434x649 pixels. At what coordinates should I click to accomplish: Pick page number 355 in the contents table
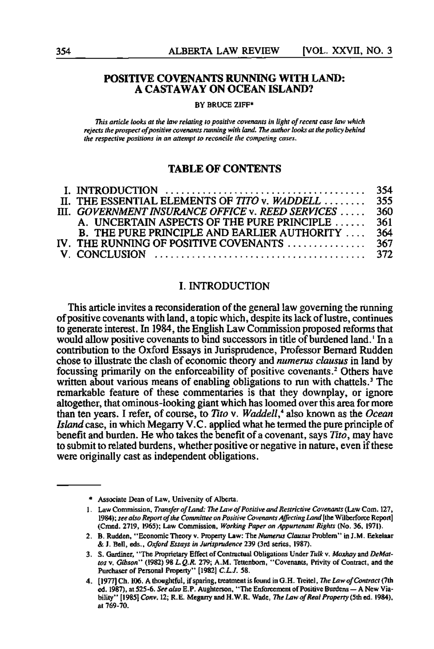[385, 201]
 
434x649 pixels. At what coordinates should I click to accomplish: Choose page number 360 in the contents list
[385, 212]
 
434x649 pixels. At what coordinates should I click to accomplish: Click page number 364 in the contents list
[385, 233]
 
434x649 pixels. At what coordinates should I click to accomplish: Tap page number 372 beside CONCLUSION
[385, 254]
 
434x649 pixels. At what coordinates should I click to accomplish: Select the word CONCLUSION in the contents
[111, 254]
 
